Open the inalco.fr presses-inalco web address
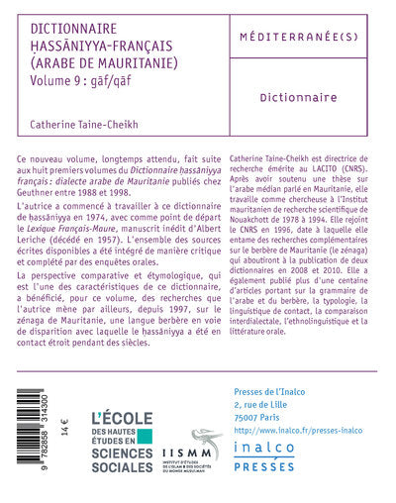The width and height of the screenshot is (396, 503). [x=295, y=404]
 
